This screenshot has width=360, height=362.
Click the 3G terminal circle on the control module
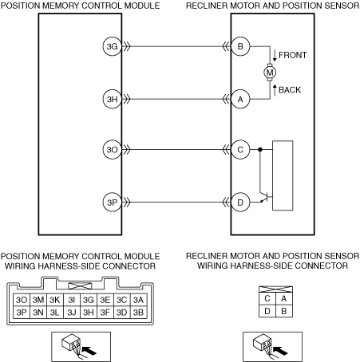click(112, 46)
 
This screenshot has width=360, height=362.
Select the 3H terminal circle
click(112, 99)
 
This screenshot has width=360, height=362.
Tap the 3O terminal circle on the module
click(112, 150)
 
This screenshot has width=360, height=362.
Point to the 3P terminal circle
click(112, 203)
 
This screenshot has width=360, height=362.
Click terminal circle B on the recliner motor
click(240, 46)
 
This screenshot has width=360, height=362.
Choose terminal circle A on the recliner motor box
click(240, 99)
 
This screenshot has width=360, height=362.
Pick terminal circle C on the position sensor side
click(240, 150)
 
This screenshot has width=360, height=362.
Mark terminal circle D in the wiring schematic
click(240, 203)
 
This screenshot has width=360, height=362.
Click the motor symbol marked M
click(270, 73)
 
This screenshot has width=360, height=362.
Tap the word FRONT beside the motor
click(293, 55)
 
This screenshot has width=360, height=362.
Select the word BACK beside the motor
click(290, 90)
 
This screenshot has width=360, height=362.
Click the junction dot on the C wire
click(260, 150)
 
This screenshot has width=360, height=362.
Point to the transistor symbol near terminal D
click(265, 197)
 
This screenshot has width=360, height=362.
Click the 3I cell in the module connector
click(72, 300)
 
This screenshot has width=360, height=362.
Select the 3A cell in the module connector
click(138, 300)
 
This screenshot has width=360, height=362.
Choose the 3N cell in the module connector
click(38, 313)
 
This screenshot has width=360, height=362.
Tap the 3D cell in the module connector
click(121, 313)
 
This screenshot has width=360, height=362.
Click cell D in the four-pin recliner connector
click(267, 311)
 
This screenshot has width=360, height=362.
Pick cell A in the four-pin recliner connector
click(284, 298)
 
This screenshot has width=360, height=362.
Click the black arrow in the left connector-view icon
click(89, 351)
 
